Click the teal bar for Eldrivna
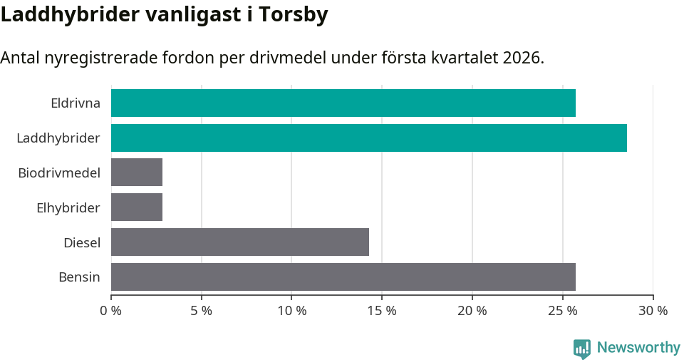coord(343,103)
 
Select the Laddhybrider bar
coord(368,138)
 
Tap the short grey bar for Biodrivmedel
coord(137,173)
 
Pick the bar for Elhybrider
coord(137,207)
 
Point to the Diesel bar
coord(240,242)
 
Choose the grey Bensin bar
coord(343,277)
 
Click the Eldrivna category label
coord(76,103)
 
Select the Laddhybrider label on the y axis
coord(58,138)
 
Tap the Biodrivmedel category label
coord(59,173)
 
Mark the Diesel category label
coord(82,242)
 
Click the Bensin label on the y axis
coord(79,277)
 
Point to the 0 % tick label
coord(111,311)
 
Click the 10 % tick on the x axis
coord(291,311)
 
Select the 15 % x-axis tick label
coord(382,311)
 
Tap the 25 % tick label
coord(562,311)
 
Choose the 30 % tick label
coord(653,311)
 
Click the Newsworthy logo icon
coord(582,349)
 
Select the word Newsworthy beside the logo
coord(638,348)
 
